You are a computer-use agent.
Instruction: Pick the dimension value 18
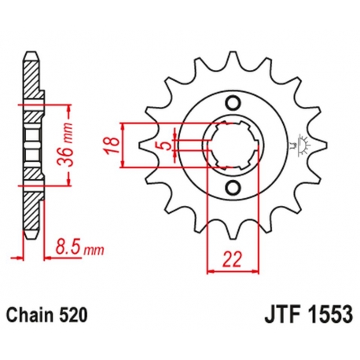112,145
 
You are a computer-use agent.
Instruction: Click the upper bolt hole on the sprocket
231,103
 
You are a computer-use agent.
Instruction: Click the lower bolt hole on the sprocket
231,186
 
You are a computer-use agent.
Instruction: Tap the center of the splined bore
231,145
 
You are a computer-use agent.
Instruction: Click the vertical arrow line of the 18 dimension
124,145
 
